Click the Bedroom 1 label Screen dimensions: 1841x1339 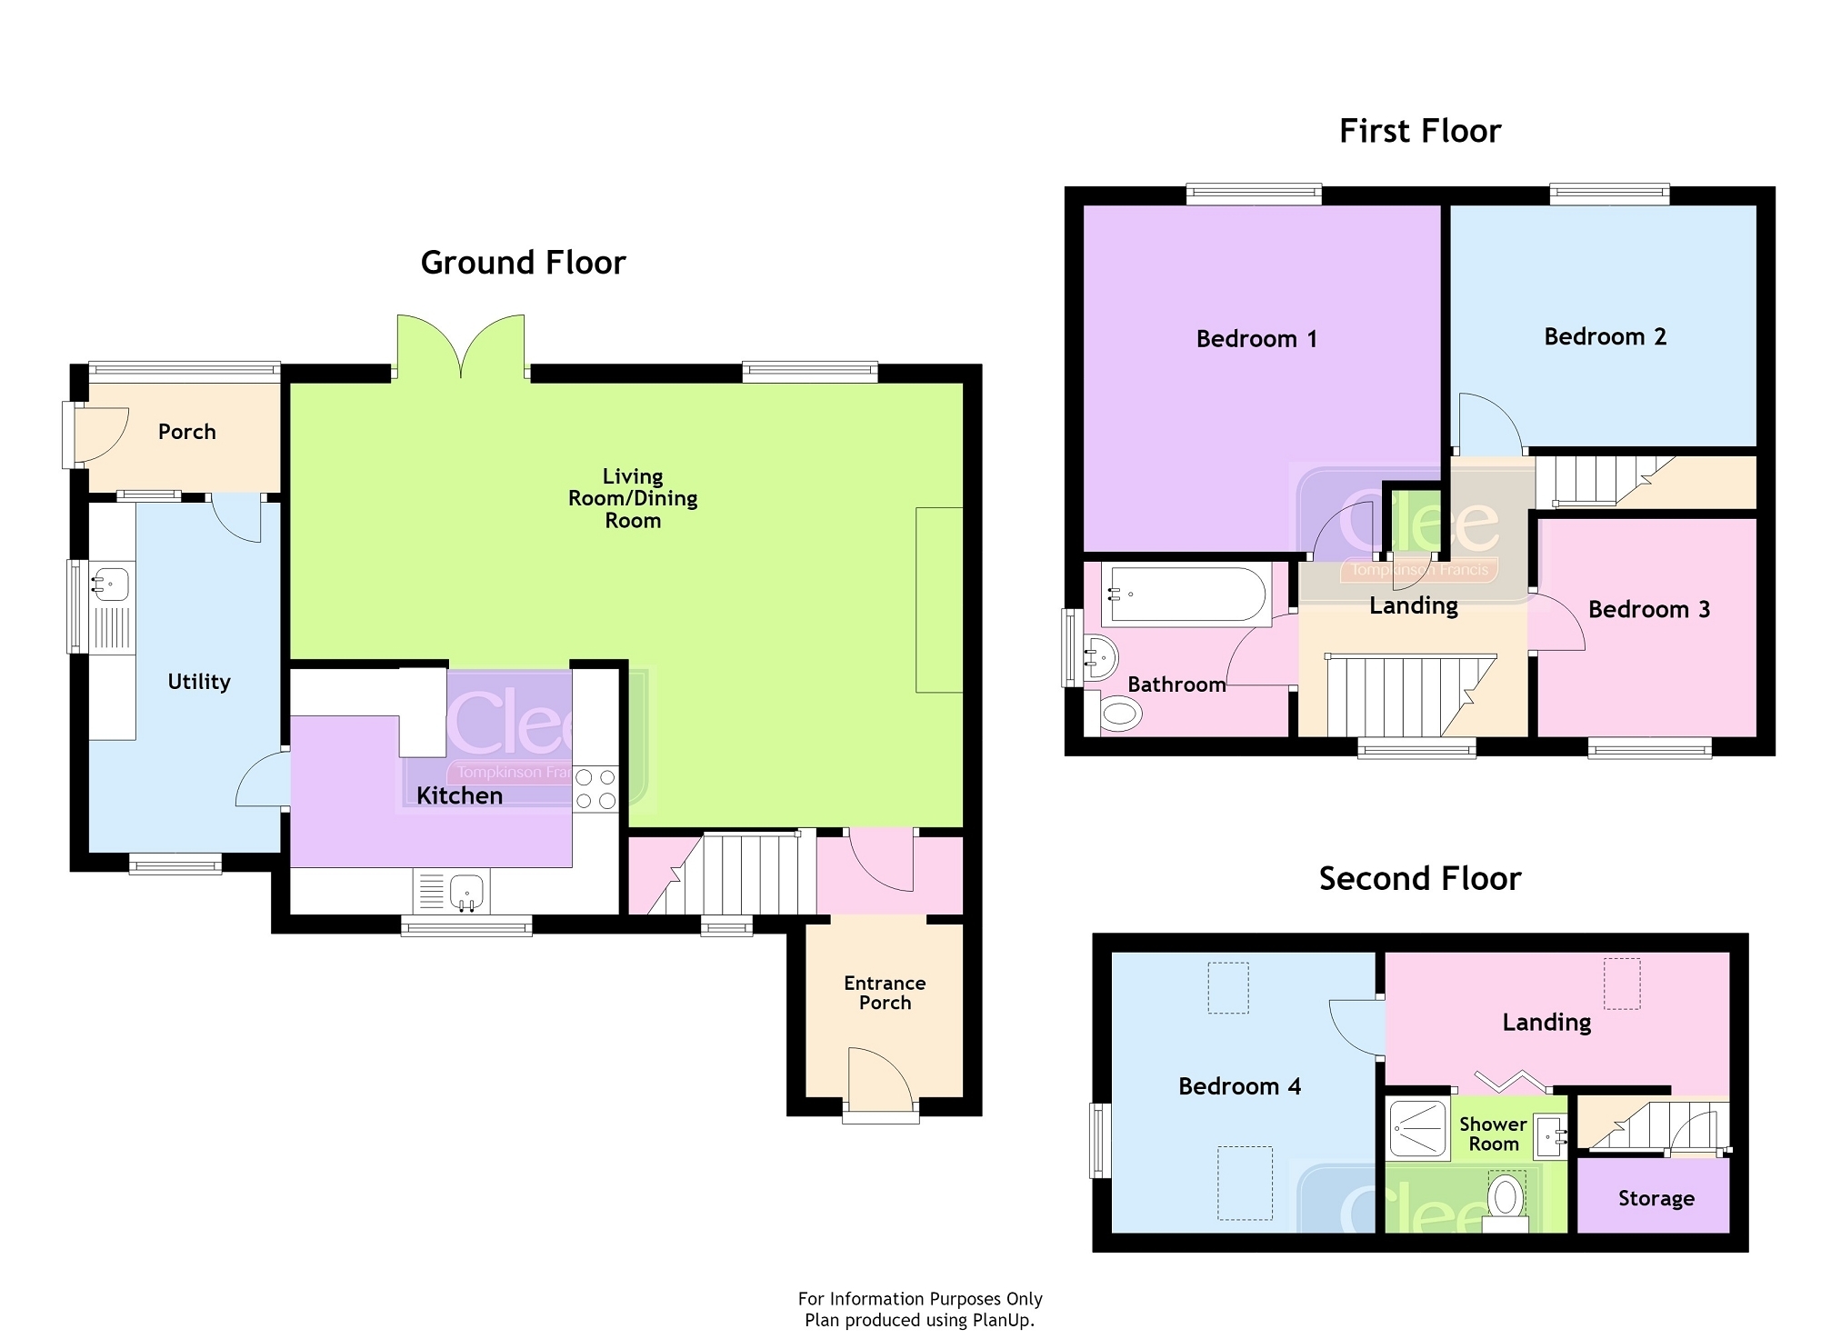pyautogui.click(x=1256, y=339)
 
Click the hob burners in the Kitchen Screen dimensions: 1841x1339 pyautogui.click(x=595, y=788)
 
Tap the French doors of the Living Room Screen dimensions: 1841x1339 pyautogui.click(x=461, y=346)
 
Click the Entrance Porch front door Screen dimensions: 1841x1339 pyautogui.click(x=880, y=1080)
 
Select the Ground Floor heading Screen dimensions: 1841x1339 pyautogui.click(x=524, y=263)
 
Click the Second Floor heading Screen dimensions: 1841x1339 pyautogui.click(x=1420, y=879)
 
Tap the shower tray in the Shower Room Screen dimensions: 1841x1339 pyautogui.click(x=1417, y=1129)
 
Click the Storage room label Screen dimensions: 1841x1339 pyautogui.click(x=1656, y=1199)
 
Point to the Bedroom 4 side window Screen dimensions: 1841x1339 pyautogui.click(x=1100, y=1140)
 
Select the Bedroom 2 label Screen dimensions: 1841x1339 pyautogui.click(x=1606, y=337)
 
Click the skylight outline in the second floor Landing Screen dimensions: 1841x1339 pyautogui.click(x=1622, y=984)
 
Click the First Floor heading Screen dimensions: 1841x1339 pyautogui.click(x=1420, y=132)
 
